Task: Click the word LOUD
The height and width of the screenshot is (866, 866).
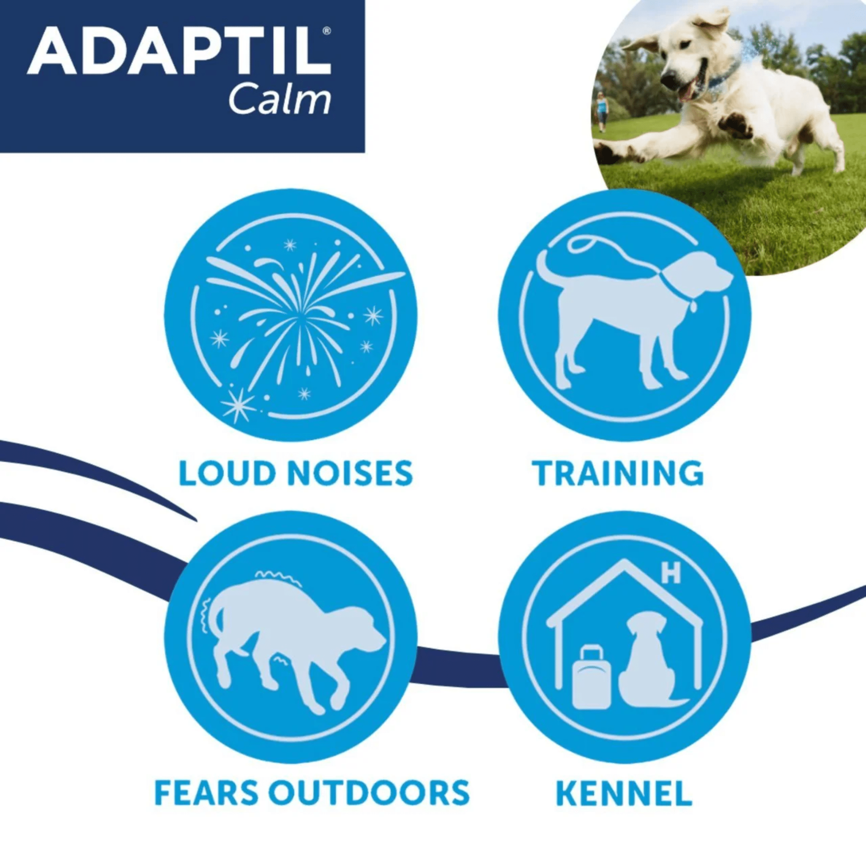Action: (x=226, y=473)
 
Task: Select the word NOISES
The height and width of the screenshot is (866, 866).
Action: (x=349, y=473)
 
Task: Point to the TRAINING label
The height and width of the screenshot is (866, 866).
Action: (x=618, y=473)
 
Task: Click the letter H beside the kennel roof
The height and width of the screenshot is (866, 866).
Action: (x=671, y=573)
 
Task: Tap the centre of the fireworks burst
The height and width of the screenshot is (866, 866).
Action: (x=299, y=316)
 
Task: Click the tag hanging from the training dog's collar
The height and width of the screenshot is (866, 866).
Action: (x=693, y=306)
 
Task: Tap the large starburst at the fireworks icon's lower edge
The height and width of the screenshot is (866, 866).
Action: (x=238, y=405)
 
